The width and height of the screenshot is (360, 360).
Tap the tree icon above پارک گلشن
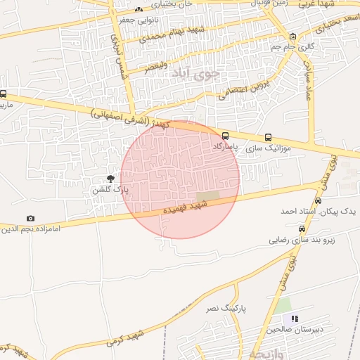click(x=110, y=179)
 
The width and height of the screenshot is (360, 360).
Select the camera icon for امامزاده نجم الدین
click(x=30, y=219)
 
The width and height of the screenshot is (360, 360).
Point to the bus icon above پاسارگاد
click(x=225, y=136)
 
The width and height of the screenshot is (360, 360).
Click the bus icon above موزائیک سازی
click(x=268, y=138)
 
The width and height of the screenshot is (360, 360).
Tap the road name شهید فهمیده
click(x=185, y=206)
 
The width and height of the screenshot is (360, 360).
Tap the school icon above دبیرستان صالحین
click(x=295, y=319)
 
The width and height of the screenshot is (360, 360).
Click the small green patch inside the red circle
click(x=207, y=196)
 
